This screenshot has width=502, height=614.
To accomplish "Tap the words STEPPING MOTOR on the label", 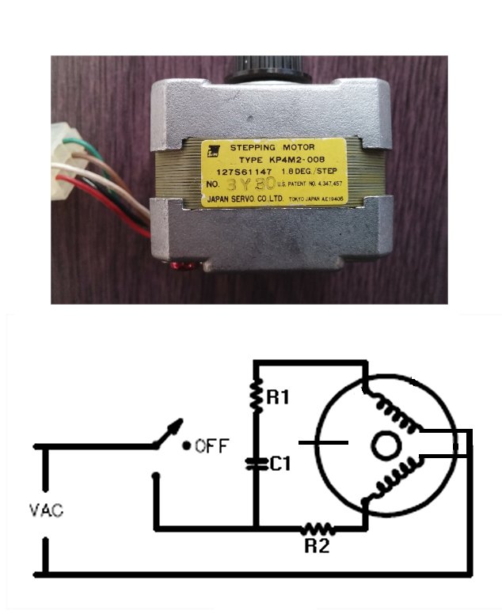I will point(272,147).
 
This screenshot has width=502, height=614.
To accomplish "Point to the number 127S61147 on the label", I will point(241,170).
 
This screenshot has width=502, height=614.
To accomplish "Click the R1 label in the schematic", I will point(277,397).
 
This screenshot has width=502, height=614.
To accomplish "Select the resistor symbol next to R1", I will point(256,396).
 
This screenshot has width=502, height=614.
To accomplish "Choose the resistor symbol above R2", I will point(317,528).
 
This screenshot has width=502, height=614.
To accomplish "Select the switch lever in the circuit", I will point(169,433).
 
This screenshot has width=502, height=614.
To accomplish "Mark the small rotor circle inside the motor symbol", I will point(386,446).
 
